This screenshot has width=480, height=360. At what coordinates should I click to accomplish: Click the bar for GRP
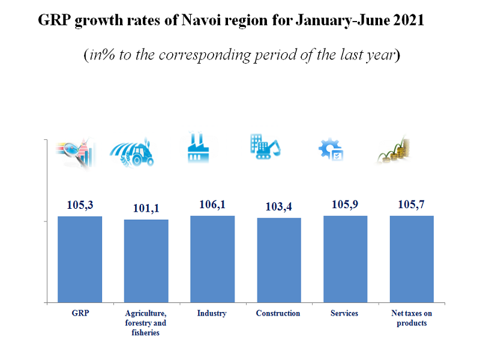coord(80,259)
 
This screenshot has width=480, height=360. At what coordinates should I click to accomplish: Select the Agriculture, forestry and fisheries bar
coord(146,261)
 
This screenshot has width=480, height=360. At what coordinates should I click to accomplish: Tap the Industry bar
coord(212,259)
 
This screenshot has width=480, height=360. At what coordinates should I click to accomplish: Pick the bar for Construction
coord(279,260)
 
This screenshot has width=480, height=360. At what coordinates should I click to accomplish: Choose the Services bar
coord(345,259)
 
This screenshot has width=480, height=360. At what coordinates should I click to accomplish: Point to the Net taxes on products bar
coord(412,259)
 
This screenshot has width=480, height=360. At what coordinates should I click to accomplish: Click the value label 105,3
coord(80,205)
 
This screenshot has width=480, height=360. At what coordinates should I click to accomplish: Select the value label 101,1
coord(146,209)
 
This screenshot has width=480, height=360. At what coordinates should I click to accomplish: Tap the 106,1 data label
coord(212,205)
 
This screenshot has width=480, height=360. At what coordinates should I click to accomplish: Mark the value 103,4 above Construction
coord(279,207)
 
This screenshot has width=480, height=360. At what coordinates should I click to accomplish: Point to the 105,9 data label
coord(345,205)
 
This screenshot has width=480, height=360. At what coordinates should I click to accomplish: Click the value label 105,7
coord(412,205)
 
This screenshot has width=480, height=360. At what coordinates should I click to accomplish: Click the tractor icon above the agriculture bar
coord(132,154)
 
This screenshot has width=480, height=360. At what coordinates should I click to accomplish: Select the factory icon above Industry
coord(198,147)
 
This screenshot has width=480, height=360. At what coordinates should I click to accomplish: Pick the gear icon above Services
coord(331,149)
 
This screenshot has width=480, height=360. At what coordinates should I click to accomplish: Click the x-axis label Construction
coord(278,313)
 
